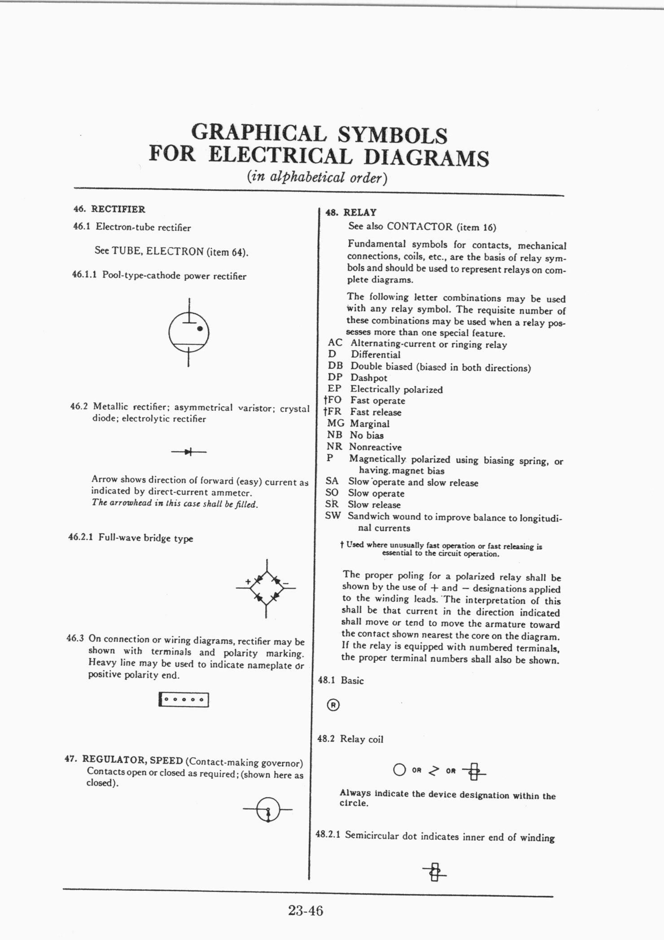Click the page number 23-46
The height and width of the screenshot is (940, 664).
306,911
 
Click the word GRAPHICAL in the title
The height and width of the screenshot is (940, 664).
258,133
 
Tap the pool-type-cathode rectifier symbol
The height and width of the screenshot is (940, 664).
189,333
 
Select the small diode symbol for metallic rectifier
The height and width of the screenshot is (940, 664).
189,452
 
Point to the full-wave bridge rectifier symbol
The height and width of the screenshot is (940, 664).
266,588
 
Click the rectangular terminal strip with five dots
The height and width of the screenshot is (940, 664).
184,699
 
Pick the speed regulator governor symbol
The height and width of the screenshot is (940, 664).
268,809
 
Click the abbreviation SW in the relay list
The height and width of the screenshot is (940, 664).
333,516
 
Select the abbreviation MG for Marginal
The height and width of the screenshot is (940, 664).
336,423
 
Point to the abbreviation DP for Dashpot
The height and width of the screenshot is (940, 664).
335,378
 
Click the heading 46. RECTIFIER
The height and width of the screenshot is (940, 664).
109,209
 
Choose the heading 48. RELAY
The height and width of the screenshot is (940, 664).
351,212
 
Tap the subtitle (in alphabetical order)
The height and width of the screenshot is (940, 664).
317,177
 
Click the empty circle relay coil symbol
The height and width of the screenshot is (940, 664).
399,770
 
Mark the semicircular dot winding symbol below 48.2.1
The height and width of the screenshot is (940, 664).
434,873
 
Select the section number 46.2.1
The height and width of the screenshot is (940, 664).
80,537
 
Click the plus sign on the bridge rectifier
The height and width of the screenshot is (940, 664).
248,581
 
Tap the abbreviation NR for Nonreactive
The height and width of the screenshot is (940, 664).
334,447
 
